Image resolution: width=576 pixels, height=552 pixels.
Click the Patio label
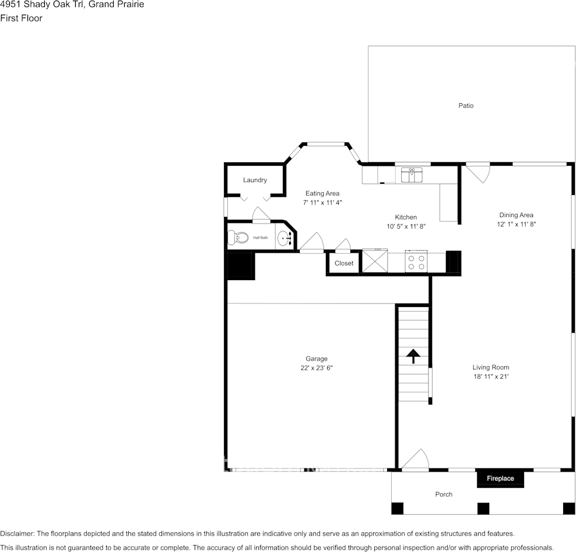pyautogui.click(x=465, y=106)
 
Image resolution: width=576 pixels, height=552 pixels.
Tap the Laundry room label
pyautogui.click(x=255, y=180)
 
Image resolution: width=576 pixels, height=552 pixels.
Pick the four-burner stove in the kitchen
pyautogui.click(x=416, y=261)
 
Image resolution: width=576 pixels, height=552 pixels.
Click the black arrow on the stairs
pyautogui.click(x=413, y=356)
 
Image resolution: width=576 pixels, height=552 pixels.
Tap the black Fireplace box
pyautogui.click(x=500, y=478)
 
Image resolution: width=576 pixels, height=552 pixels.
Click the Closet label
pyautogui.click(x=344, y=263)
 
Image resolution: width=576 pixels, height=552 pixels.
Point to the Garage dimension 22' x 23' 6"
pyautogui.click(x=317, y=368)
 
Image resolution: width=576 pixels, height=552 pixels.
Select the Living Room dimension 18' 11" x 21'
pyautogui.click(x=490, y=377)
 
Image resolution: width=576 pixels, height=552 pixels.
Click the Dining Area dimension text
pyautogui.click(x=515, y=224)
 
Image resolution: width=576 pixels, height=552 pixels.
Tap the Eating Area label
pyautogui.click(x=322, y=193)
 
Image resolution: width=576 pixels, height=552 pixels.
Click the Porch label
pyautogui.click(x=444, y=494)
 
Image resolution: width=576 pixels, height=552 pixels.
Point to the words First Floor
pyautogui.click(x=21, y=18)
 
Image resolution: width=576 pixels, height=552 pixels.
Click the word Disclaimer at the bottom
pyautogui.click(x=17, y=533)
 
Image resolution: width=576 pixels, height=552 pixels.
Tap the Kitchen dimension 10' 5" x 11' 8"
pyautogui.click(x=406, y=226)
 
